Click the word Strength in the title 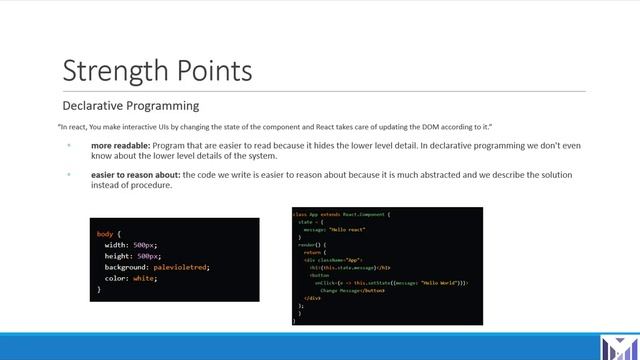(x=112, y=71)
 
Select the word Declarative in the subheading (x=92, y=105)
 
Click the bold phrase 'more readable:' (x=120, y=146)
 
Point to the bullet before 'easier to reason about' (x=69, y=175)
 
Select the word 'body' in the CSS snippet (x=106, y=234)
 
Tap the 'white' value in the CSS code (x=145, y=278)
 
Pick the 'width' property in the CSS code (x=116, y=245)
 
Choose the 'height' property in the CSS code (x=118, y=256)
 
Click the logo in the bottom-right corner (x=619, y=347)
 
